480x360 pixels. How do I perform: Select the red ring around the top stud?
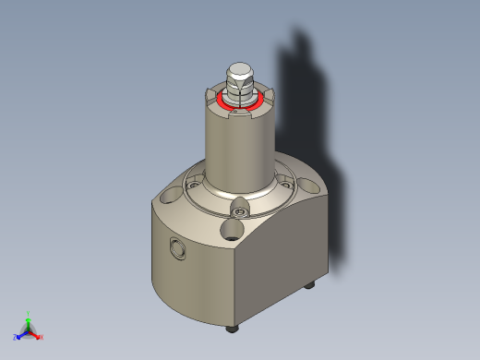point(222,98)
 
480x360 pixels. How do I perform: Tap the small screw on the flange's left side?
point(193,186)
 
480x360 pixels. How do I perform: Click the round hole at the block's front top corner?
point(234,228)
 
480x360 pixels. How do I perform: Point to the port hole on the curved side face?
point(175,247)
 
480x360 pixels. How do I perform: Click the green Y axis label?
point(29,313)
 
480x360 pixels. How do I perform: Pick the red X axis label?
point(41,337)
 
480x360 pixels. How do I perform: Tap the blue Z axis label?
point(16,337)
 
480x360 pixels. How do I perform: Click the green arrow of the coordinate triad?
point(29,322)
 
